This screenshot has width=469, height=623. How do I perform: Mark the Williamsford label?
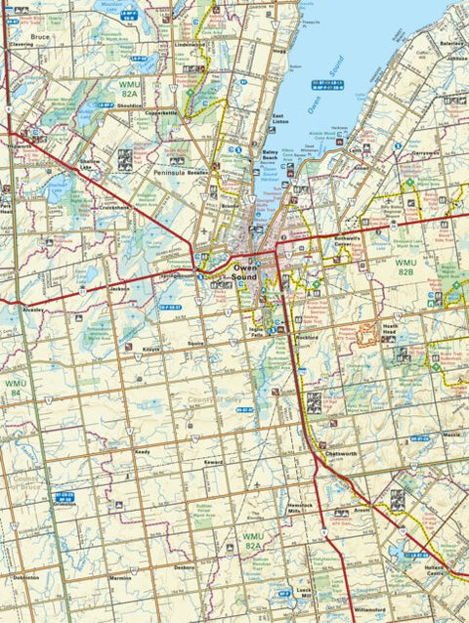pyautogui.click(x=367, y=608)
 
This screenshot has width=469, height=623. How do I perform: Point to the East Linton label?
pyautogui.click(x=279, y=120)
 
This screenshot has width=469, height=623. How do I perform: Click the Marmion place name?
pyautogui.click(x=120, y=578)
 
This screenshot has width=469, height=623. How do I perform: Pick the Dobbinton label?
pyautogui.click(x=26, y=577)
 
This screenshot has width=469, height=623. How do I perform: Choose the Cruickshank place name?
pyautogui.click(x=112, y=208)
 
